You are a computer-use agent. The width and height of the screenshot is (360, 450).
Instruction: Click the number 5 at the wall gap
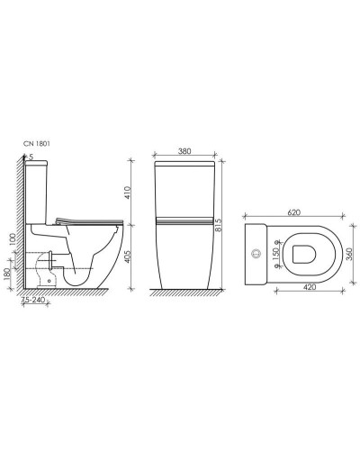point(31,158)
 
